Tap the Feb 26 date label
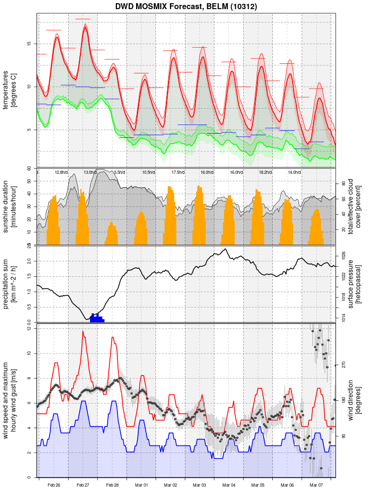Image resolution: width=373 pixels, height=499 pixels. coord(54,485)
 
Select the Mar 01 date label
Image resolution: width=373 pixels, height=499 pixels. coord(141,485)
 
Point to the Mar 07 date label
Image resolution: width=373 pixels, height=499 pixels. coord(316,485)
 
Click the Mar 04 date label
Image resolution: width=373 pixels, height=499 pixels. coord(229,485)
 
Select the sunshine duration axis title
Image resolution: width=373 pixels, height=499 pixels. coord(10,207)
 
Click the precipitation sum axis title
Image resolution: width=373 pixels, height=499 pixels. coord(10,283)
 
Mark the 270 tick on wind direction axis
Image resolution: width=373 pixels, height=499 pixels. coord(343,365)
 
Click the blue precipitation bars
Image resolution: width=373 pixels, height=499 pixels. coord(96,318)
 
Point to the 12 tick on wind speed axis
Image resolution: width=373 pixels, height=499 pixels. coord(31,328)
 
